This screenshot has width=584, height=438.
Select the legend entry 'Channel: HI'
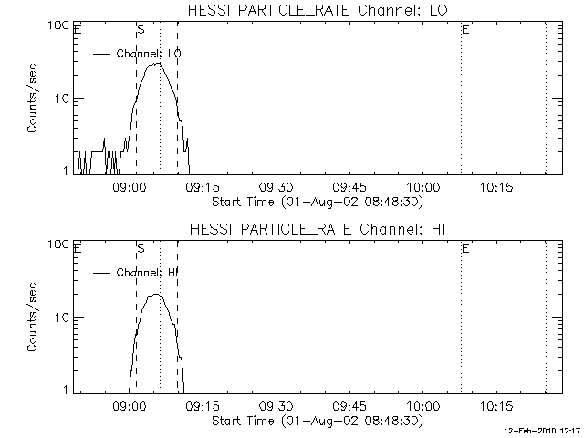coord(146,272)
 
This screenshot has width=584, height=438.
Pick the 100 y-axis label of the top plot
coord(58,26)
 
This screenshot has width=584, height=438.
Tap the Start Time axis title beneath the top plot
coord(317,202)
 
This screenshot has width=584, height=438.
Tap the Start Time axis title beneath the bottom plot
coord(317,421)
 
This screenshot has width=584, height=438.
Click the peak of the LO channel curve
coord(158,63)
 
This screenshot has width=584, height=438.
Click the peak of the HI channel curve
coord(156,295)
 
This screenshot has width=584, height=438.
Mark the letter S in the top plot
coord(141,30)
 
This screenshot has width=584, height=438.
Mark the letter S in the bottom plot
coord(141,248)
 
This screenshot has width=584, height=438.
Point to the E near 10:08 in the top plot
coord(465,30)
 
